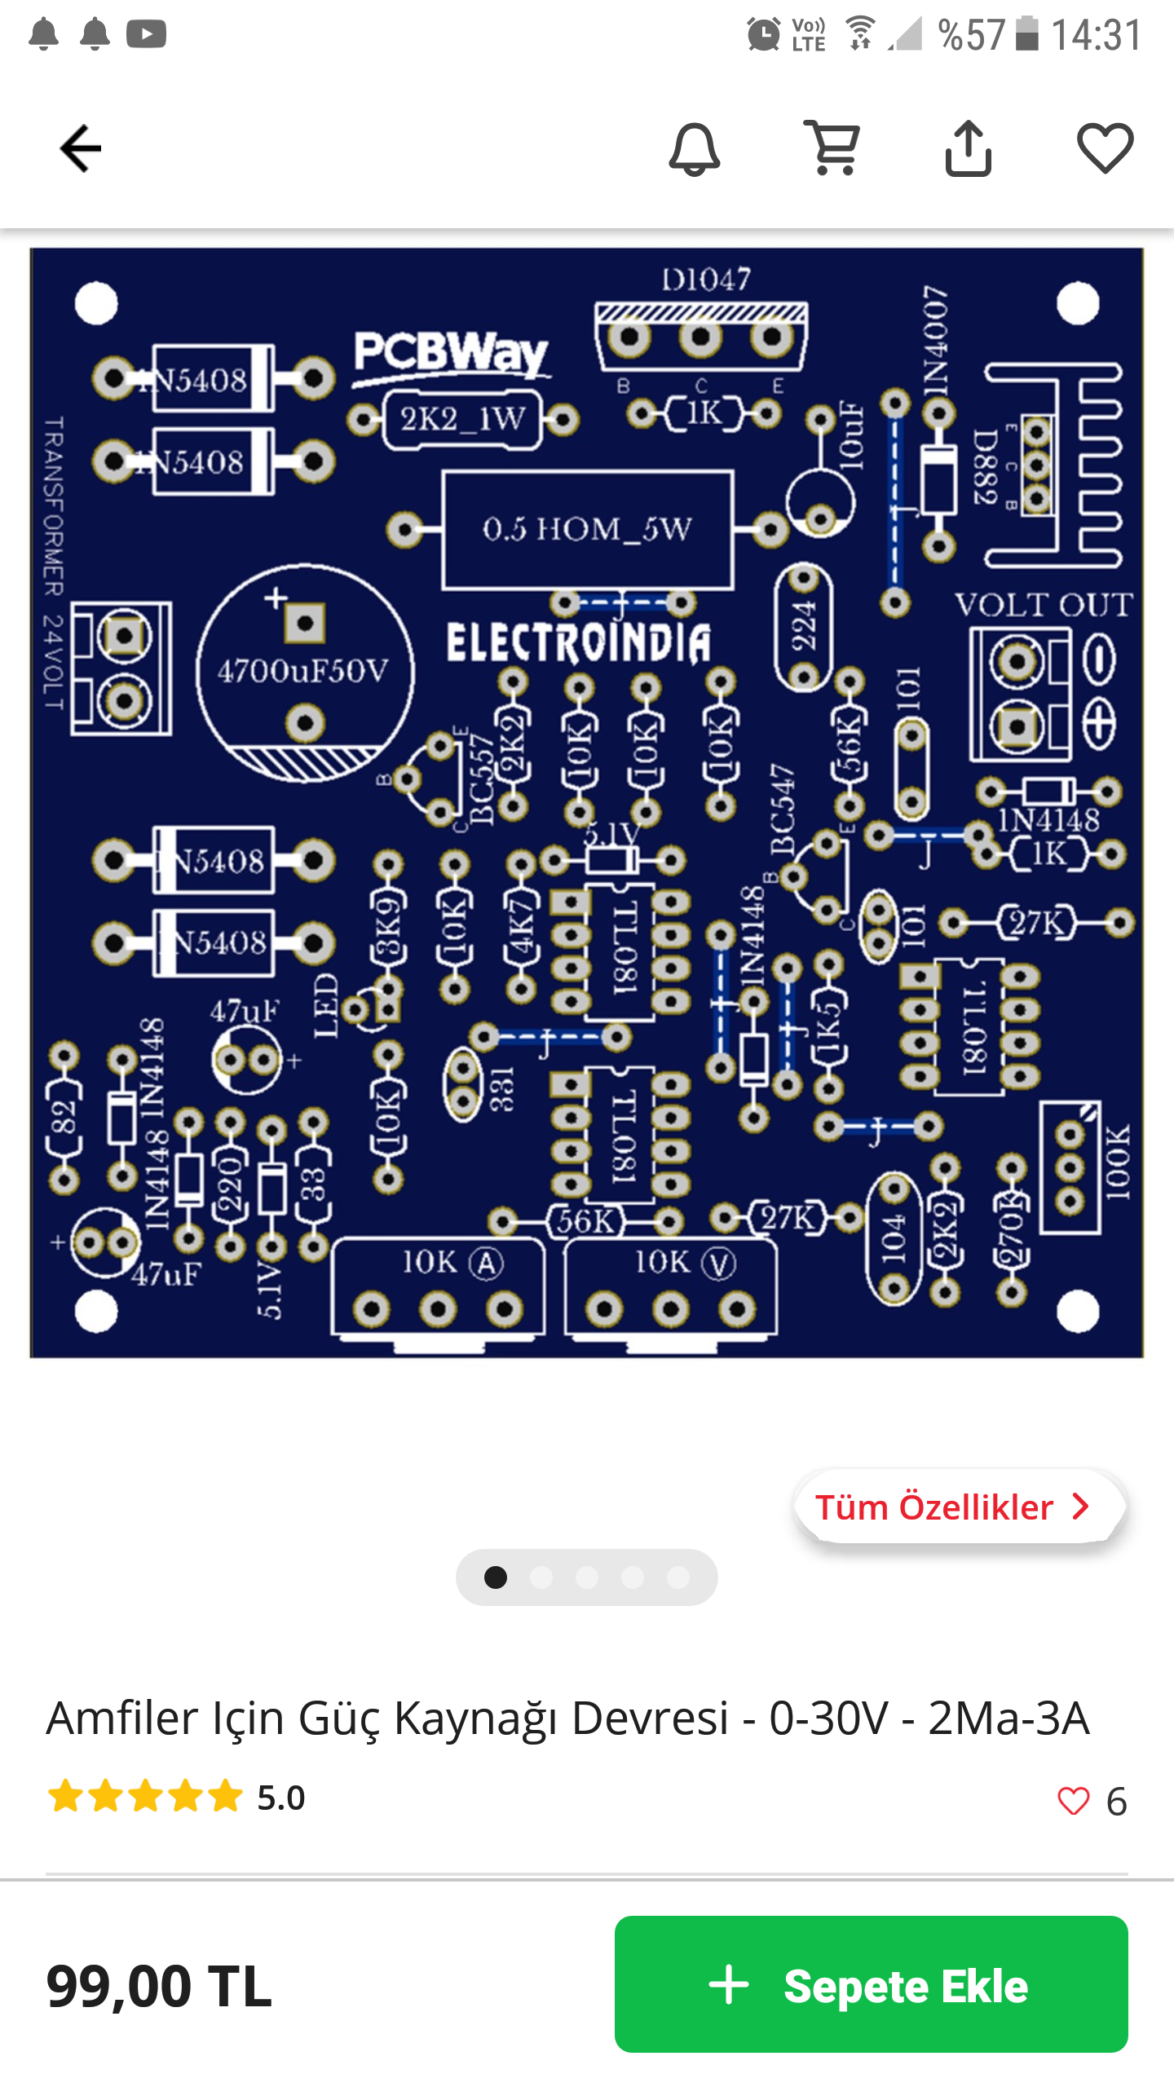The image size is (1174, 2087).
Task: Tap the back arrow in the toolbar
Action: click(80, 148)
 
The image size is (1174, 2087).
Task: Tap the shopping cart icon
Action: click(832, 148)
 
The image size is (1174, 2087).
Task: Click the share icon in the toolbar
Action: click(968, 148)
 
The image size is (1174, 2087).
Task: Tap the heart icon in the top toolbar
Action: click(1105, 148)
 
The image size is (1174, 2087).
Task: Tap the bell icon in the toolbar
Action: click(694, 149)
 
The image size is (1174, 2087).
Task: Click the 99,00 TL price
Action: click(159, 1986)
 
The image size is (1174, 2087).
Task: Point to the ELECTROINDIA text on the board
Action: click(578, 642)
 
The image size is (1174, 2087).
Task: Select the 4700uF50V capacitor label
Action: click(303, 672)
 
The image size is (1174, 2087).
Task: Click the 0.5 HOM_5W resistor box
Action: click(587, 530)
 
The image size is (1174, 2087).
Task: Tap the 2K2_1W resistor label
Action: click(462, 419)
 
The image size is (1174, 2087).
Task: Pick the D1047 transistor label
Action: click(705, 280)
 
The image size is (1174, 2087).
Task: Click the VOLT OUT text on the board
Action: click(1044, 605)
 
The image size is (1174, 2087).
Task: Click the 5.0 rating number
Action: click(281, 1797)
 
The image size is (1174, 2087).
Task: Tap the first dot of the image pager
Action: click(496, 1577)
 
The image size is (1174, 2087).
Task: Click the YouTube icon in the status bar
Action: click(147, 34)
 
